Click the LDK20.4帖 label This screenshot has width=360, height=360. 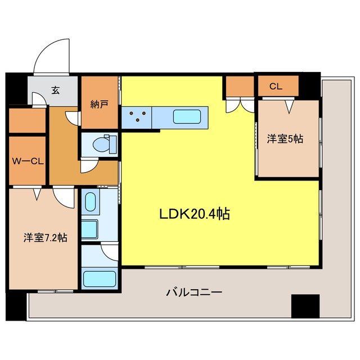(195, 214)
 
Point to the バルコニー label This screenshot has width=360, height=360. (194, 292)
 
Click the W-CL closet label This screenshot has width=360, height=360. (26, 161)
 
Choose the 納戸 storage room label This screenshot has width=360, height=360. (98, 104)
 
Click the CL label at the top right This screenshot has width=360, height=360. (275, 87)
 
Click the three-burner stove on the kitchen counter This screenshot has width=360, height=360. (138, 118)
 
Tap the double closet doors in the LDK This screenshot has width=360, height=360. (240, 105)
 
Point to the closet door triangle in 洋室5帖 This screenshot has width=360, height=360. (290, 105)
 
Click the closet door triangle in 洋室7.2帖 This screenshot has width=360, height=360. (37, 194)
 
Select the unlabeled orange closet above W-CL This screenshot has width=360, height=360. (27, 121)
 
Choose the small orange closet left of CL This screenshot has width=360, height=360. (240, 86)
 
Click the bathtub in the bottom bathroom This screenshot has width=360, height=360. (99, 278)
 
